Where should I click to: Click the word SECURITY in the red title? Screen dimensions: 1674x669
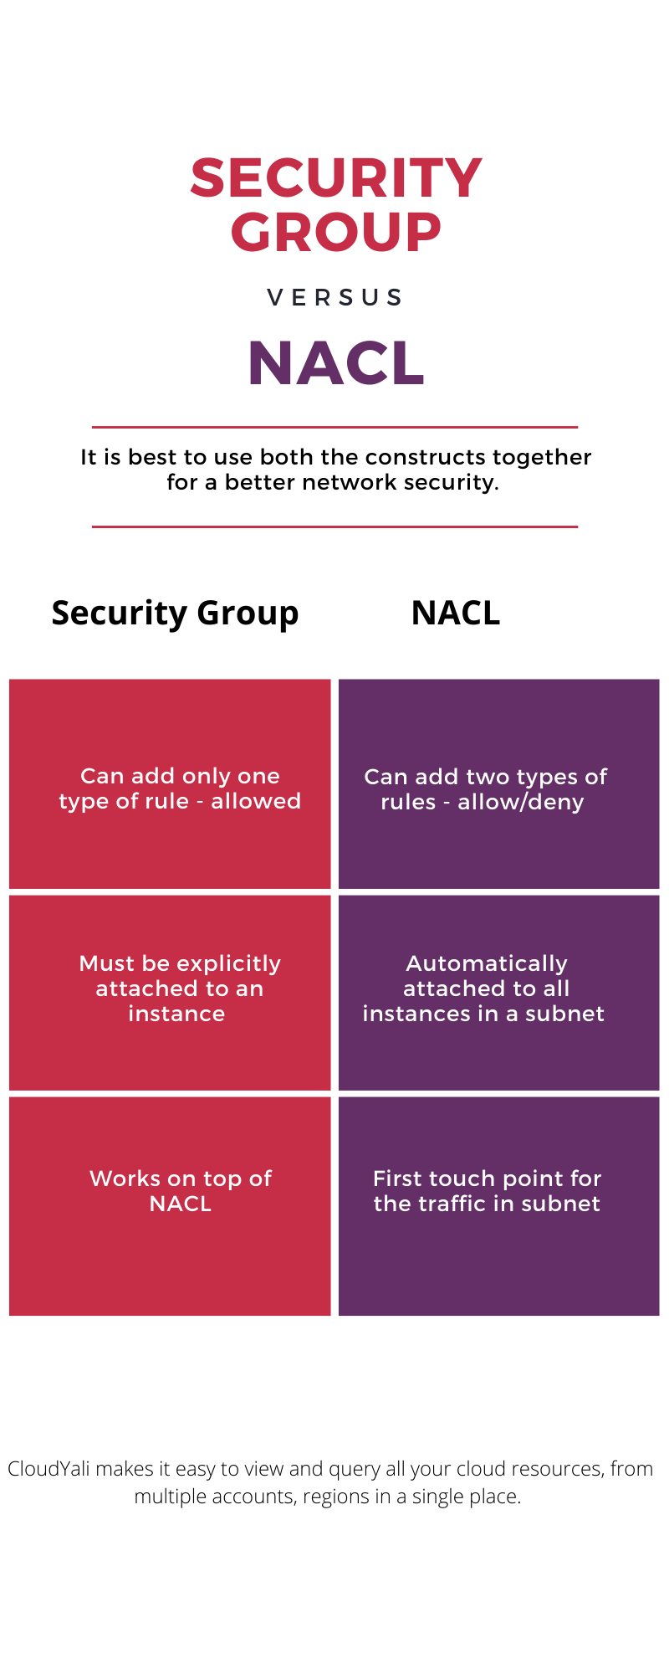(336, 178)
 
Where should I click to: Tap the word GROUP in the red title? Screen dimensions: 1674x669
(336, 232)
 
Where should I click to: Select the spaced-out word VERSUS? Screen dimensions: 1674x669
(335, 297)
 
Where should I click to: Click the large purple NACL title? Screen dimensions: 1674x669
(336, 363)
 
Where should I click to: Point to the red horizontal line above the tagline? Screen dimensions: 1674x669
(334, 427)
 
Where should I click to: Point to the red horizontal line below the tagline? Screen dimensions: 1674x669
(334, 526)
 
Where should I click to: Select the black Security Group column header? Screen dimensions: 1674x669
(175, 614)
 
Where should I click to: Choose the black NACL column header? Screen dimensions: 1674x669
(456, 614)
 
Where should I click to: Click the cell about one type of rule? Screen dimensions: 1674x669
(170, 784)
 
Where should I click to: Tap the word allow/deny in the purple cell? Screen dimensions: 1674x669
(520, 802)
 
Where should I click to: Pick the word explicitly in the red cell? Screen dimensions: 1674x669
(229, 963)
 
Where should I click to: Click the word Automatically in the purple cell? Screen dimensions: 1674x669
(487, 963)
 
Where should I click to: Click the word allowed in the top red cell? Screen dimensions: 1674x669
(256, 801)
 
